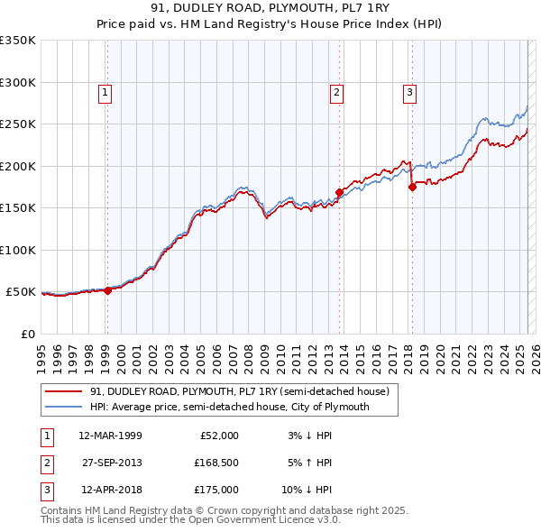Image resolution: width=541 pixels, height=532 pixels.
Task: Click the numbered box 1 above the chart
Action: (x=105, y=91)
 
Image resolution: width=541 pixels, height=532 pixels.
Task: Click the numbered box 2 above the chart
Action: (x=336, y=91)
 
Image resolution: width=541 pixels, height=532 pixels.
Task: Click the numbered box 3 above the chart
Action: (x=409, y=91)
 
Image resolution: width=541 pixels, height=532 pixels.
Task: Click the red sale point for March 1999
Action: (x=107, y=290)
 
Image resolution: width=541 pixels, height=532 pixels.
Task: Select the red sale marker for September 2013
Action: (x=339, y=192)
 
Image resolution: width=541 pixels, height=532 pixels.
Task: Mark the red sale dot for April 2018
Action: (x=412, y=187)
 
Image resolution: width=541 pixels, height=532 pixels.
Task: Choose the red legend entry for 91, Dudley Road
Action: (x=239, y=391)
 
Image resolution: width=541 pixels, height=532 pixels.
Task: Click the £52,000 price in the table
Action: (x=218, y=436)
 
